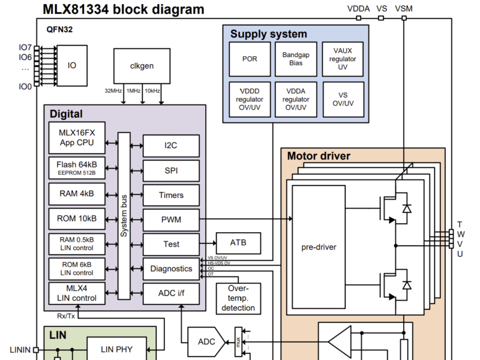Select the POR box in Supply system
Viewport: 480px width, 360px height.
click(x=250, y=59)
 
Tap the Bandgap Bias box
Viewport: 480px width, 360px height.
click(x=296, y=59)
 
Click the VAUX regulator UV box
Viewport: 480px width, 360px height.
click(x=343, y=59)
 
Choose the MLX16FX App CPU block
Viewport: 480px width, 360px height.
click(x=76, y=138)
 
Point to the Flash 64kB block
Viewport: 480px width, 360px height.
click(x=76, y=167)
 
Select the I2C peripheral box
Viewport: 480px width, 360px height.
click(x=171, y=145)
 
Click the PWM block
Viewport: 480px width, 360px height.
click(x=171, y=220)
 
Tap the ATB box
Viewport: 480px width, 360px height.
click(x=238, y=243)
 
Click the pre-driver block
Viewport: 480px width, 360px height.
click(x=319, y=247)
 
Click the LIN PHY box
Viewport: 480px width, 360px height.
click(x=116, y=349)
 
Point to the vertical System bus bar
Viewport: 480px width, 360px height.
click(x=124, y=216)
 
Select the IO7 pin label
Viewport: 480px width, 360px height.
click(x=25, y=47)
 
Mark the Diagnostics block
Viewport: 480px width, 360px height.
click(x=171, y=269)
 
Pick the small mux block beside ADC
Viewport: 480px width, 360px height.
click(x=238, y=342)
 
